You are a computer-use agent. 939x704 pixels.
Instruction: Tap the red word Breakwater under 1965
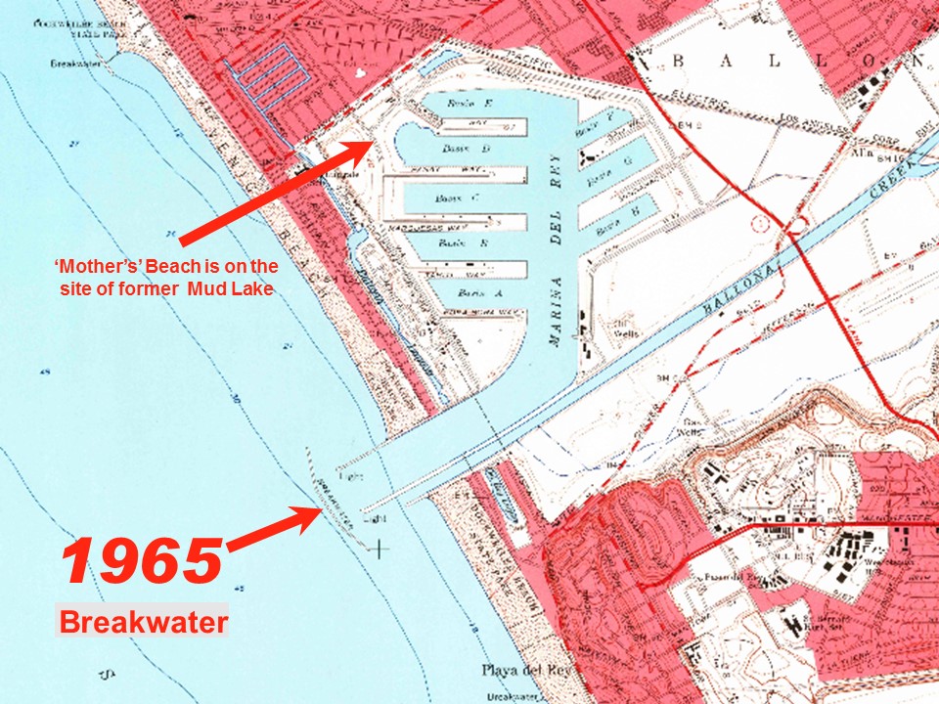coord(143,623)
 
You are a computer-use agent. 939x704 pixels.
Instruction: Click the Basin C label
coord(450,198)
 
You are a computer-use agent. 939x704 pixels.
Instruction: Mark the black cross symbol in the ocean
coord(378,549)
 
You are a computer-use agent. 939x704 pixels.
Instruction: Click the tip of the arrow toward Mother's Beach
coord(370,143)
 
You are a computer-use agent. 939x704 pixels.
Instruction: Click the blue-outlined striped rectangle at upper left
coord(260,70)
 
